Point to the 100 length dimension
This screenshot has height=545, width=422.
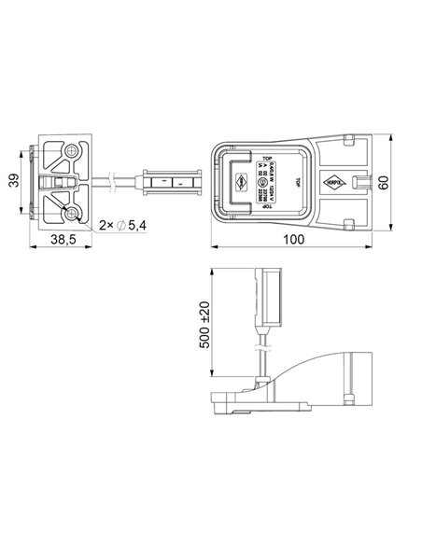click(295, 240)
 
